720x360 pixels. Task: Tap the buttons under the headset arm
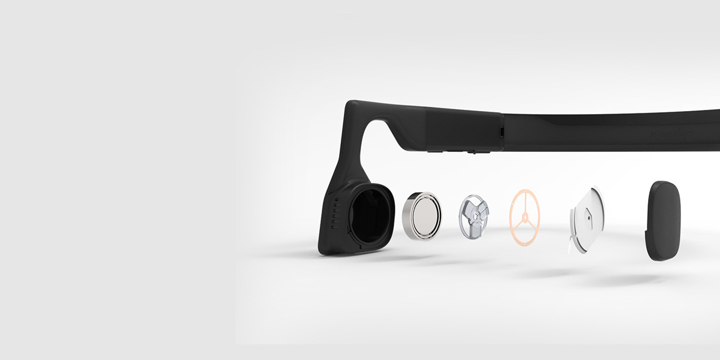tap(456, 152)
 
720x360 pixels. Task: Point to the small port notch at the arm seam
tap(500, 129)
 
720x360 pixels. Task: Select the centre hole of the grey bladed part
tap(475, 214)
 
